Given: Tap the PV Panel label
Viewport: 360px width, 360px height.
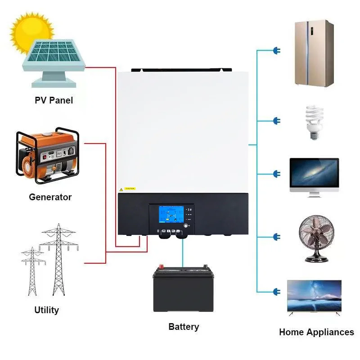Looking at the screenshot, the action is pyautogui.click(x=54, y=100).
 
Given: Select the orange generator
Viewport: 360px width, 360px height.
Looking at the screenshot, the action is pyautogui.click(x=47, y=155).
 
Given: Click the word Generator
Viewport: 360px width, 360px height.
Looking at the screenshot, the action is pyautogui.click(x=50, y=197).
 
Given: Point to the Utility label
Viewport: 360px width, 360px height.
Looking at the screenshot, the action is pyautogui.click(x=46, y=310).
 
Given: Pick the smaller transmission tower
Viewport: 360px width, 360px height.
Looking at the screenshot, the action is pyautogui.click(x=33, y=270).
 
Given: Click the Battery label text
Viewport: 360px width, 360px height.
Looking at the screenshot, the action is pyautogui.click(x=184, y=327).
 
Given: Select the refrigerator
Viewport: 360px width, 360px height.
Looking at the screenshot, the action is pyautogui.click(x=314, y=53).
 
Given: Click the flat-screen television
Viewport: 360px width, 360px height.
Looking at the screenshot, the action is pyautogui.click(x=314, y=296).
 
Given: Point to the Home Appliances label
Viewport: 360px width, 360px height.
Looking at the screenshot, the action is pyautogui.click(x=316, y=333).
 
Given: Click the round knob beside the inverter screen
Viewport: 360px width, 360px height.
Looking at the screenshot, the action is pyautogui.click(x=187, y=225).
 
